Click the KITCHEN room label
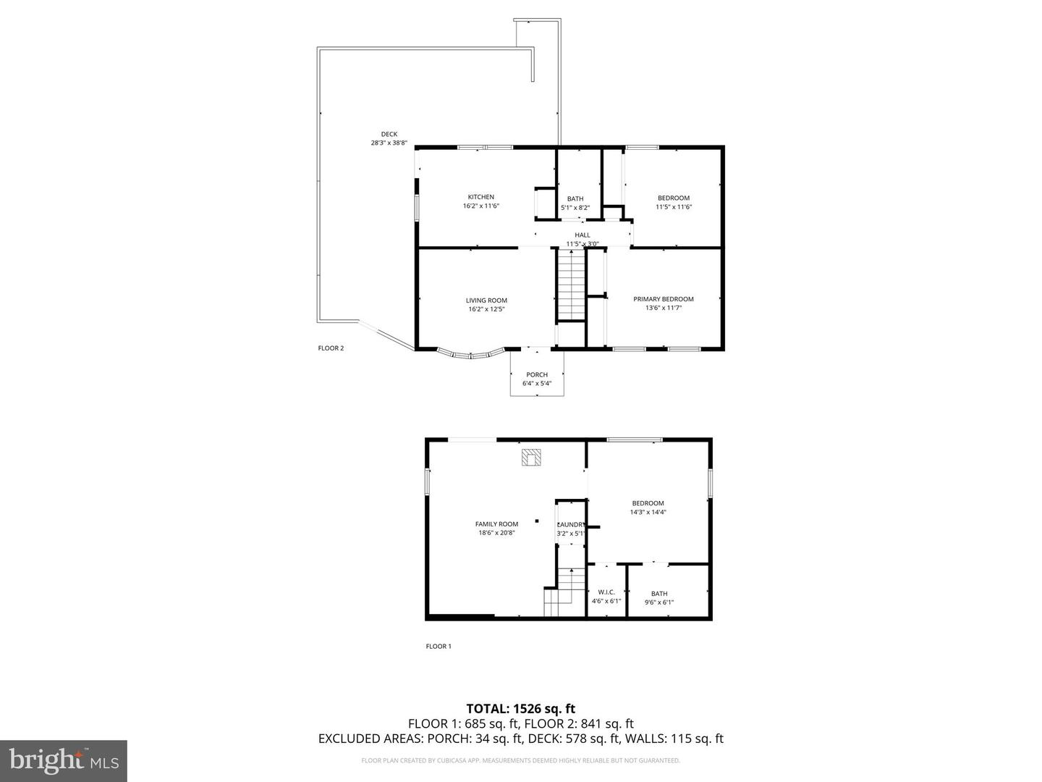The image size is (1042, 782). point(480,197)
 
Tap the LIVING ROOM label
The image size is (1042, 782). point(486,300)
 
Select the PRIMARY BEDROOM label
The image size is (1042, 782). point(663,299)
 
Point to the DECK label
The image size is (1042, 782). point(389,134)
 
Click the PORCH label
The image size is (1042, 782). point(537,374)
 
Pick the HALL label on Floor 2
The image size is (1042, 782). point(582,235)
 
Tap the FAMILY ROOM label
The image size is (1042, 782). point(496,524)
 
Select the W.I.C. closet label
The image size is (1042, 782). point(606,592)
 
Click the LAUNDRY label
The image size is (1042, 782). point(571,525)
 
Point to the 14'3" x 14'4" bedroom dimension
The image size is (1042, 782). point(648,512)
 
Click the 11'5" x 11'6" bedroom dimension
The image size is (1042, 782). point(674,206)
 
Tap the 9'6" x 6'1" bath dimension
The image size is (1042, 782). point(659,602)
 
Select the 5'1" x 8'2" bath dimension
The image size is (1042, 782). point(575,208)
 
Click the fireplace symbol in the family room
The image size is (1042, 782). point(532,458)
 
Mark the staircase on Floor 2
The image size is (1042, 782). point(570,285)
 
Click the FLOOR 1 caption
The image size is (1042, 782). point(438,647)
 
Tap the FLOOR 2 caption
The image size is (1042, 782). point(331,348)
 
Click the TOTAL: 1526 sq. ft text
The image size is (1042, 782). point(520,708)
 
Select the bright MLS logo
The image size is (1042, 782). point(64,760)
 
